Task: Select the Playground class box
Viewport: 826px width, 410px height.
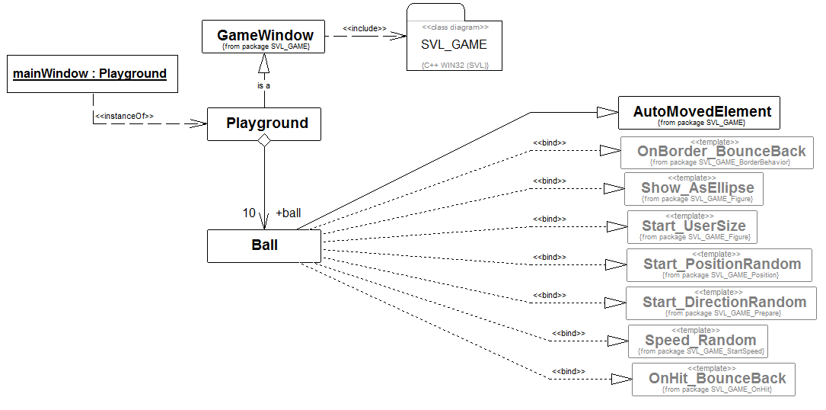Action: (x=264, y=123)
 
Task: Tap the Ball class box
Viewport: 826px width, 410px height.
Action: (x=264, y=245)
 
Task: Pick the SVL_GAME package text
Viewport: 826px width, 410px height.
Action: (x=454, y=44)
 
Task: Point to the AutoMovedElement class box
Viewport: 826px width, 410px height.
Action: (x=701, y=113)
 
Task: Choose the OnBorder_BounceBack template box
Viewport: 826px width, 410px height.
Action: (x=716, y=152)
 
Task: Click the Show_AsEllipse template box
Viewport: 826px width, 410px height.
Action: (x=694, y=188)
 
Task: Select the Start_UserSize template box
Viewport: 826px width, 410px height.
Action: (x=694, y=226)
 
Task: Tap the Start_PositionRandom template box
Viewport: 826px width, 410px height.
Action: (x=719, y=264)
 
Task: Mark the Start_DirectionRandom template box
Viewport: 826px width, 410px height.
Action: (x=721, y=303)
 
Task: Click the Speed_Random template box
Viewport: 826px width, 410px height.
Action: (x=698, y=341)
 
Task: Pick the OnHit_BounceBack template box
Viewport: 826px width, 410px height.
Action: (x=713, y=379)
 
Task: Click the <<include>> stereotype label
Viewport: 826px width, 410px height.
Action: (x=364, y=28)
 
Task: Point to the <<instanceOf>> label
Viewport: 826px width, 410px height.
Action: (x=124, y=116)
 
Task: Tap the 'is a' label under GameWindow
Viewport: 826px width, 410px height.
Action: (x=263, y=85)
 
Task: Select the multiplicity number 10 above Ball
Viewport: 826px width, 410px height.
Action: (x=249, y=213)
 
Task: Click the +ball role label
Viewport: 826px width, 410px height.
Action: (x=289, y=213)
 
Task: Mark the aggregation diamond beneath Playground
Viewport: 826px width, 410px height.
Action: (x=263, y=140)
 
